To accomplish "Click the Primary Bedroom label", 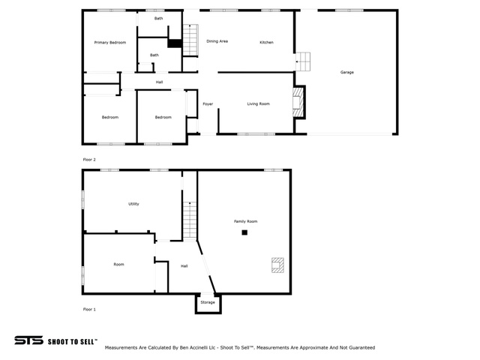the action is point(110,43).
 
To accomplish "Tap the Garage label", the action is point(346,72).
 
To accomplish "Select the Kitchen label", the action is point(266,42).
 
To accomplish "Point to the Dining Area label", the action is point(217,41).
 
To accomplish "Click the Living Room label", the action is point(258,103).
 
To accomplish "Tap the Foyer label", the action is point(208,104).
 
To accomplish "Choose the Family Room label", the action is point(245,221).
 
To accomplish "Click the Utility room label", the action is point(133,204).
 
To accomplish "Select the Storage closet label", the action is point(208,302).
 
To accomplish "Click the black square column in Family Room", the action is point(244,232).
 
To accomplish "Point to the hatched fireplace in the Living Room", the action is point(298,102).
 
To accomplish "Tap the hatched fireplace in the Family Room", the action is point(277,265).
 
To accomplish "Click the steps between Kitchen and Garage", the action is point(303,61).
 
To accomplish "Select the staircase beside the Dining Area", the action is point(190,40).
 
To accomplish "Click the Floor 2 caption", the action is point(89,160).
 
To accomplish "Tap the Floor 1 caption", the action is point(89,309).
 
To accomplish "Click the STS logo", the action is point(28,340).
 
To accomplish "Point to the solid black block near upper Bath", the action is point(175,43).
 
